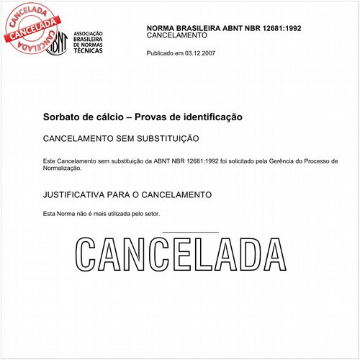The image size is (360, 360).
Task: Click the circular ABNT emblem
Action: (x=57, y=44)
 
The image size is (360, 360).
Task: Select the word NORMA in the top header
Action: (x=161, y=27)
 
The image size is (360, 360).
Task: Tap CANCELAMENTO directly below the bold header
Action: (x=177, y=35)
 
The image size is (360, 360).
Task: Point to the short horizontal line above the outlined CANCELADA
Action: (x=191, y=232)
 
